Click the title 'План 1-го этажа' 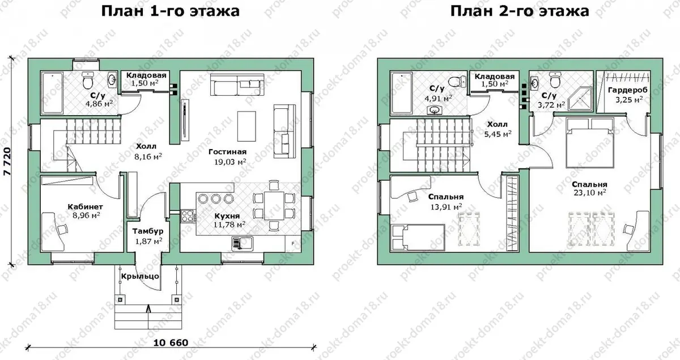[x=171, y=11]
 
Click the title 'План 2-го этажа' [x=520, y=11]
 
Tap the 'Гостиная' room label [x=228, y=151]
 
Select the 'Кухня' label [x=227, y=215]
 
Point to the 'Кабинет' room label [x=86, y=206]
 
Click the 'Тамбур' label [x=148, y=231]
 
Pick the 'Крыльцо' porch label [x=141, y=277]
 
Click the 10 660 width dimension [x=171, y=343]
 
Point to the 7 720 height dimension [x=7, y=162]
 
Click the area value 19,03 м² [x=230, y=162]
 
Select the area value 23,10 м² [x=590, y=193]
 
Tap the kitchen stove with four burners [x=188, y=216]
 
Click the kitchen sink [x=243, y=244]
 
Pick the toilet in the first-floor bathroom [x=88, y=80]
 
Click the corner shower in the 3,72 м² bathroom [x=581, y=99]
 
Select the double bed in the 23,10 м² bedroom [x=589, y=143]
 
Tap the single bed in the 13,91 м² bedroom [x=418, y=238]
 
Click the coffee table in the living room [x=246, y=126]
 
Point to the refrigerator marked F [x=293, y=244]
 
